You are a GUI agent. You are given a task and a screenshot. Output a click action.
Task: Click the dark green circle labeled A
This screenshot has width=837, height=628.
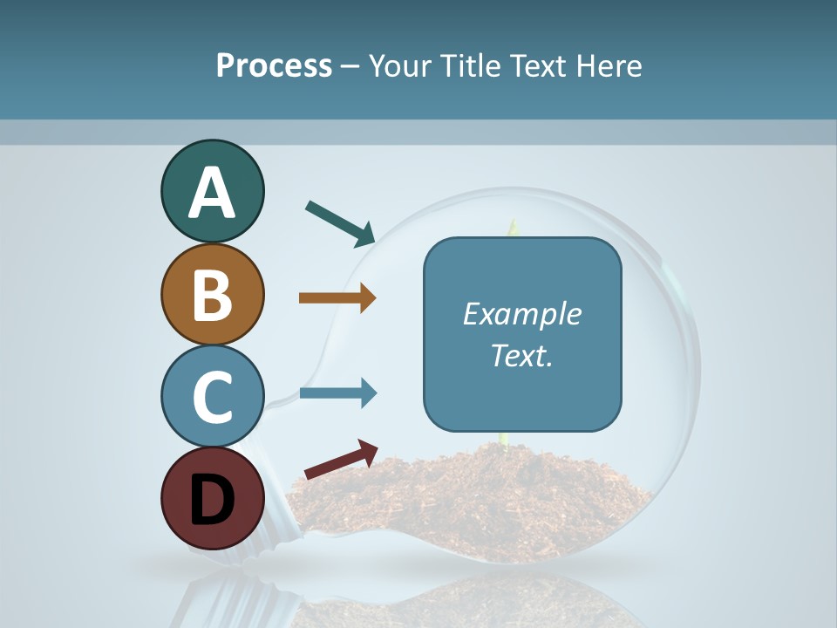click(212, 191)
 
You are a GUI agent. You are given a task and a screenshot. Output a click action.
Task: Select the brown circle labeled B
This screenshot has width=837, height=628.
click(212, 294)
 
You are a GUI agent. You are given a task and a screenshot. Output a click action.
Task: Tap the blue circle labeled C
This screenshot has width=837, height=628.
click(212, 396)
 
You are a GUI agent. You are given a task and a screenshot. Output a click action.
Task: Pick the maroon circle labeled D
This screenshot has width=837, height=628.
click(212, 498)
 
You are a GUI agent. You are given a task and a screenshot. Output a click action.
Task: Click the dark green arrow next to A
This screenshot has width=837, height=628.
click(340, 222)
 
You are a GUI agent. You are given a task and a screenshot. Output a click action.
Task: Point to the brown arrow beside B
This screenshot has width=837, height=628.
click(337, 298)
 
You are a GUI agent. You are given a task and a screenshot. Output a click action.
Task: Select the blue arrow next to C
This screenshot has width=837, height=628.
click(337, 393)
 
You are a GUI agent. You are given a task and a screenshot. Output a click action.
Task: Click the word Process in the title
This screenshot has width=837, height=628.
click(274, 65)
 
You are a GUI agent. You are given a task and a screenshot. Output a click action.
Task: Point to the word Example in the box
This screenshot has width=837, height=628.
click(521, 314)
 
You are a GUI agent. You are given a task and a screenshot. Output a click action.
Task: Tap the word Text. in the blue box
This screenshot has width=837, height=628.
click(521, 355)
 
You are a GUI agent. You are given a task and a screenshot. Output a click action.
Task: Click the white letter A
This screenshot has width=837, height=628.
click(212, 193)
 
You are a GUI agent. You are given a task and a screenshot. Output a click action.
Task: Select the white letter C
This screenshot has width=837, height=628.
click(212, 397)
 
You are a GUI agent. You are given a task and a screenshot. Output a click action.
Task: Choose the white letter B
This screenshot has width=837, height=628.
click(212, 295)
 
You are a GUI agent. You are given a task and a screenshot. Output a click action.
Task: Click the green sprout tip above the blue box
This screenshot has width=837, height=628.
click(514, 227)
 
